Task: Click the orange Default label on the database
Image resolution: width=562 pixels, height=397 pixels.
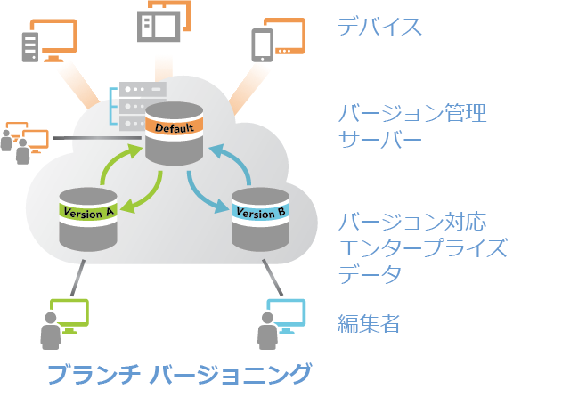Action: point(175,127)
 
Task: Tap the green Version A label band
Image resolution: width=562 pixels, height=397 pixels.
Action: point(88,212)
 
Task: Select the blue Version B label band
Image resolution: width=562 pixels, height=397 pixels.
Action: point(260,213)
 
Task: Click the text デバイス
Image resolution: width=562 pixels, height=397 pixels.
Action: point(379,27)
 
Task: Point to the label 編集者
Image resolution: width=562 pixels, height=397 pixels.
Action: point(369,323)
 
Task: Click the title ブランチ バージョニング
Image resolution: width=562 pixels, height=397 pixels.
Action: point(179,374)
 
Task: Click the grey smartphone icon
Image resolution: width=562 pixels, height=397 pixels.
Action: point(263,45)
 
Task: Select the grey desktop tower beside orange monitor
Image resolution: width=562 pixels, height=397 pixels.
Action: point(30,47)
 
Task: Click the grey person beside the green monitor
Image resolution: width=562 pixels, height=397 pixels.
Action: point(51,331)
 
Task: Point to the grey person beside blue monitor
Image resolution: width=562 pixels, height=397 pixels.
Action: point(267,331)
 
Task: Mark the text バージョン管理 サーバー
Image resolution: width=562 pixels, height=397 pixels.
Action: point(412,126)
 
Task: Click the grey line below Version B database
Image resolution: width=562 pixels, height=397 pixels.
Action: point(273,278)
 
